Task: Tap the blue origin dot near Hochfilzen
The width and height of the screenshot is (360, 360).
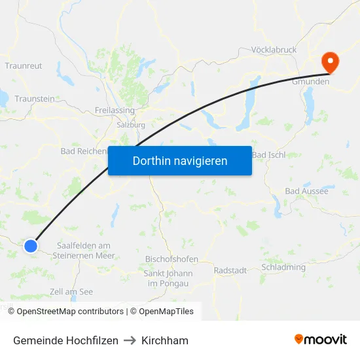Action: click(31, 245)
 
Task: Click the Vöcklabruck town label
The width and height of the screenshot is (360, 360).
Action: click(274, 50)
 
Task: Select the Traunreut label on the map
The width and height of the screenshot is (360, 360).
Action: click(24, 66)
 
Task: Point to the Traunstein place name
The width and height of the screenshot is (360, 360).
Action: click(35, 99)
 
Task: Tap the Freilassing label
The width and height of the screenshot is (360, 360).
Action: click(115, 110)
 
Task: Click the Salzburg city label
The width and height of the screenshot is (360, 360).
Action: click(130, 124)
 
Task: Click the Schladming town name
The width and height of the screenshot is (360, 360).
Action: click(283, 267)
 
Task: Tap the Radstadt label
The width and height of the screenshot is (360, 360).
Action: click(230, 270)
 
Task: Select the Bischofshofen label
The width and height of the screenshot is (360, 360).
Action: click(171, 259)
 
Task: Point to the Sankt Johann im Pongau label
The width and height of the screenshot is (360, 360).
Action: click(168, 278)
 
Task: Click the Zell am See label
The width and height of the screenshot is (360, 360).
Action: click(71, 292)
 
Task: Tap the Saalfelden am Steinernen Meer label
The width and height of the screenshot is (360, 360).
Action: click(84, 251)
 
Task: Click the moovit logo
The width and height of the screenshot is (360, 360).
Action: click(321, 340)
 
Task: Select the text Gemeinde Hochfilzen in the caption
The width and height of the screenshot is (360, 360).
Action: click(65, 340)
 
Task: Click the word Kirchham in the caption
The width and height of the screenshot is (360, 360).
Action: click(165, 340)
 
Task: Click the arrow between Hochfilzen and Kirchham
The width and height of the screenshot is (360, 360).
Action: click(130, 340)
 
